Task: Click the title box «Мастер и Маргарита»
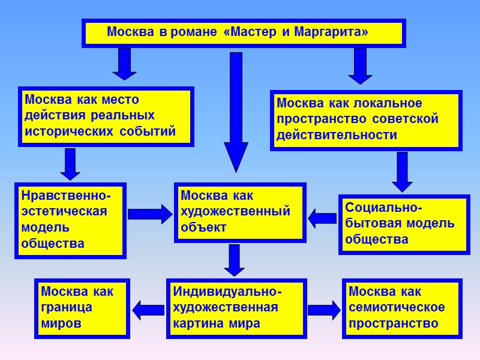click(x=243, y=32)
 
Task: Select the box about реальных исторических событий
click(x=106, y=116)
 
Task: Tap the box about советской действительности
click(x=365, y=119)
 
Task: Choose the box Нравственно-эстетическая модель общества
click(x=71, y=220)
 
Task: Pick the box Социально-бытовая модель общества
click(x=403, y=224)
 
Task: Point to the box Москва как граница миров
click(x=82, y=308)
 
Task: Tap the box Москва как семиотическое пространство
click(x=402, y=308)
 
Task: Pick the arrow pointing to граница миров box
click(x=148, y=310)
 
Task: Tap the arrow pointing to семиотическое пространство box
click(x=324, y=310)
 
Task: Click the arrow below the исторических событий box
click(x=70, y=164)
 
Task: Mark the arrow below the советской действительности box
click(x=402, y=171)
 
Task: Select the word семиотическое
click(x=397, y=308)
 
